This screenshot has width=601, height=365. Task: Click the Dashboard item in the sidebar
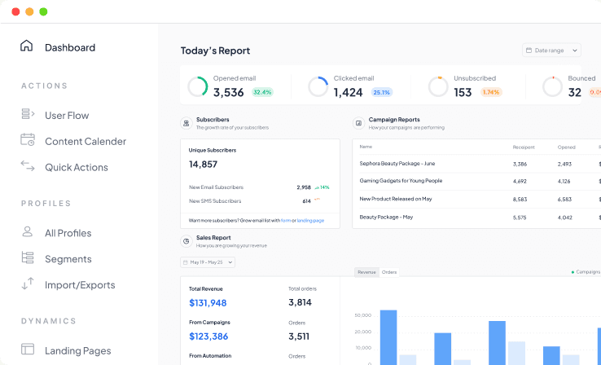pyautogui.click(x=69, y=47)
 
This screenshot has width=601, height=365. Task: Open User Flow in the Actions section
pyautogui.click(x=67, y=116)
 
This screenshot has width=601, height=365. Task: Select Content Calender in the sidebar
pyautogui.click(x=85, y=142)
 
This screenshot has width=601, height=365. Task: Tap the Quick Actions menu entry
pyautogui.click(x=76, y=168)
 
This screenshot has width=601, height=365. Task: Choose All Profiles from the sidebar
pyautogui.click(x=68, y=233)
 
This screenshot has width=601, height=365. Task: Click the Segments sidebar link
pyautogui.click(x=68, y=259)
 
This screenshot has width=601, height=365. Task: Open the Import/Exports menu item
pyautogui.click(x=79, y=285)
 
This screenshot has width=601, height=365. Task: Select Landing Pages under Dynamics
pyautogui.click(x=77, y=350)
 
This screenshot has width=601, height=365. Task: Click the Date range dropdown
pyautogui.click(x=551, y=51)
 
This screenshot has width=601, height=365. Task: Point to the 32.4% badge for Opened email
pyautogui.click(x=262, y=92)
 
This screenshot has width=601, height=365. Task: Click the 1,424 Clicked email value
pyautogui.click(x=348, y=92)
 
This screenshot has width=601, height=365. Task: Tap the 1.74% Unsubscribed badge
pyautogui.click(x=491, y=92)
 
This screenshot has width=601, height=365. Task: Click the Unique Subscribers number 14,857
pyautogui.click(x=203, y=165)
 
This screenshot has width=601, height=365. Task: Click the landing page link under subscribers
pyautogui.click(x=310, y=221)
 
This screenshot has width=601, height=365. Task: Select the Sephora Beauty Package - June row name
pyautogui.click(x=397, y=163)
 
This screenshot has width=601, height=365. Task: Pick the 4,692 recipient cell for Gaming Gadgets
pyautogui.click(x=520, y=181)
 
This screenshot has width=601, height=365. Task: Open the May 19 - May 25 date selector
pyautogui.click(x=208, y=262)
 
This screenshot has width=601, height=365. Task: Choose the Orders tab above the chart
pyautogui.click(x=389, y=272)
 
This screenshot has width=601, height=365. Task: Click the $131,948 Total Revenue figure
pyautogui.click(x=208, y=303)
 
